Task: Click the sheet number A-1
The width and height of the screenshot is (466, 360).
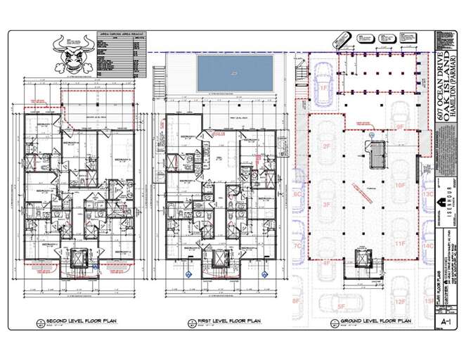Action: coord(444,321)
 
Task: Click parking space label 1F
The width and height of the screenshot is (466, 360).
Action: coord(324,89)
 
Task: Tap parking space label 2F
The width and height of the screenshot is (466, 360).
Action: coord(326,146)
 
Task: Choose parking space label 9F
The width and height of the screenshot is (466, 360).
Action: coord(399,127)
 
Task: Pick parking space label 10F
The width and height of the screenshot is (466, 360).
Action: coord(399,186)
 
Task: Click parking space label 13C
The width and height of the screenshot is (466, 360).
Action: coord(427,193)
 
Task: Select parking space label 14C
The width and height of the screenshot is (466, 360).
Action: coord(427,247)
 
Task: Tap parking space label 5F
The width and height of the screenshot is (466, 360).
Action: coord(342,307)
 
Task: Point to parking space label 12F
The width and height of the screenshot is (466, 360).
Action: coord(399,302)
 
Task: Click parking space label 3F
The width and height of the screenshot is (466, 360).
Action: coord(326,205)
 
